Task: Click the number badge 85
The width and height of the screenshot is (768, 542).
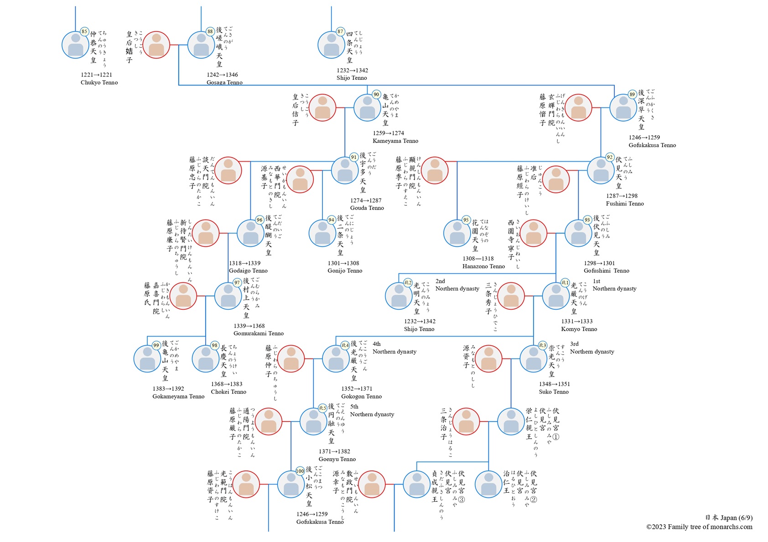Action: [84, 31]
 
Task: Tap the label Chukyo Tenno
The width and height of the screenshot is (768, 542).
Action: [99, 82]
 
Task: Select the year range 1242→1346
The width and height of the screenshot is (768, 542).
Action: [222, 75]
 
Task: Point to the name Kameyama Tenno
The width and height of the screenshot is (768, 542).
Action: [395, 141]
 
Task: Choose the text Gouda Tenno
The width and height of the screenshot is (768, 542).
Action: [367, 208]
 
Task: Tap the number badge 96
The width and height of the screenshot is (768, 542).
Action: [259, 220]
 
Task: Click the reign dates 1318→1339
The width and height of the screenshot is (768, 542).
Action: [245, 263]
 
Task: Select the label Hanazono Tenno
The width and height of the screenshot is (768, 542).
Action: [483, 266]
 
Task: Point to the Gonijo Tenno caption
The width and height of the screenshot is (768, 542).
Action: [345, 271]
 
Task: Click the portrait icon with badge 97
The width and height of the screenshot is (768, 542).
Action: [228, 297]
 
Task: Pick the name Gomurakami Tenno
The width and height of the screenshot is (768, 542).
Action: [259, 333]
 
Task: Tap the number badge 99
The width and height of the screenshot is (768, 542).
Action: [156, 345]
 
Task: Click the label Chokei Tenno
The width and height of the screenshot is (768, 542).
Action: [228, 392]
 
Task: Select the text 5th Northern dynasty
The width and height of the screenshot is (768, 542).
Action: [372, 410]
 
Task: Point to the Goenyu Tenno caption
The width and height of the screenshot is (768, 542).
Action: [337, 459]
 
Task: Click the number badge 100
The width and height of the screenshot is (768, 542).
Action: [300, 471]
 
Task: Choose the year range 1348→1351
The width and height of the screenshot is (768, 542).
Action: [554, 384]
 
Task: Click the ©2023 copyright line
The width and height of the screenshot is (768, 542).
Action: [699, 527]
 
